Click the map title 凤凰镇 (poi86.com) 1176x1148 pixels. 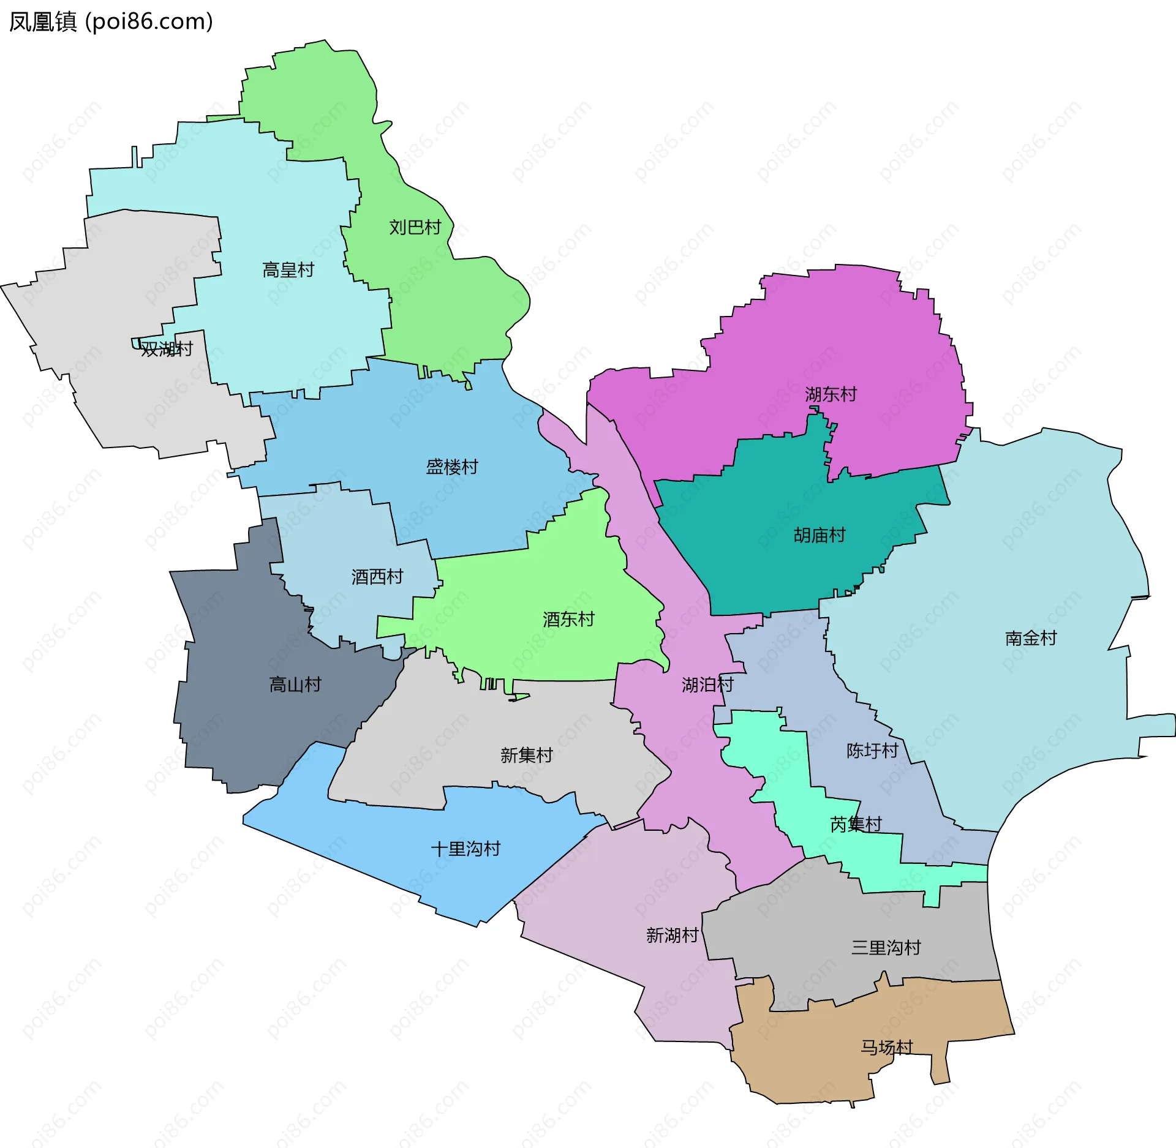click(111, 21)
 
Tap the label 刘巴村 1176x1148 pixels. click(415, 228)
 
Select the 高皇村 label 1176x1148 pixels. click(288, 270)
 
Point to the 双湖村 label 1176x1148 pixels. click(167, 349)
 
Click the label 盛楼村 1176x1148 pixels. click(451, 467)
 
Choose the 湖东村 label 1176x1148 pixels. click(831, 394)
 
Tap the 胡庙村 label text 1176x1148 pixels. click(819, 535)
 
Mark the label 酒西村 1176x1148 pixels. click(377, 577)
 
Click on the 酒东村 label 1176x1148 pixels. click(568, 620)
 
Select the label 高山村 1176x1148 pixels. click(295, 685)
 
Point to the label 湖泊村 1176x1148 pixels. click(707, 685)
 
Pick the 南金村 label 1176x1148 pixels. click(1031, 639)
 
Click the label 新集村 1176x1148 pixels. click(526, 756)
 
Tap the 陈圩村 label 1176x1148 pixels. click(872, 751)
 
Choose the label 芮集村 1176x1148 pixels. click(856, 825)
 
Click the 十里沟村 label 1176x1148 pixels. click(466, 849)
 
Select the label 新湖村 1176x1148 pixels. click(672, 936)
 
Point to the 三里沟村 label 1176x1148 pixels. click(886, 948)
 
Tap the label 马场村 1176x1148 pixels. click(886, 1048)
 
